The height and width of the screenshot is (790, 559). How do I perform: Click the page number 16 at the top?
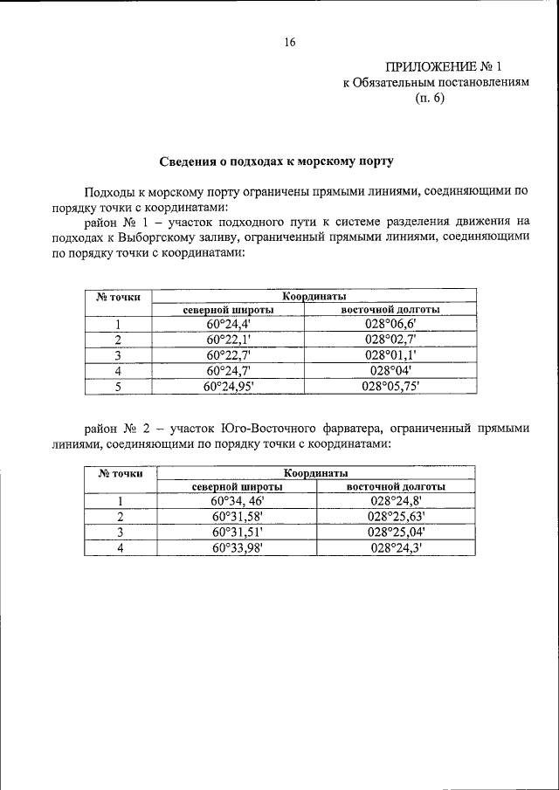(x=290, y=42)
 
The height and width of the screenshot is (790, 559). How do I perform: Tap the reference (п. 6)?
(x=430, y=98)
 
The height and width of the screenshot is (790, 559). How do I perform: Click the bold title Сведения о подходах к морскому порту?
(x=276, y=161)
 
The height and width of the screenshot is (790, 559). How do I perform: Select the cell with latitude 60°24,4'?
(x=228, y=325)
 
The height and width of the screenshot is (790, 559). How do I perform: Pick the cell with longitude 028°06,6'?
(x=390, y=325)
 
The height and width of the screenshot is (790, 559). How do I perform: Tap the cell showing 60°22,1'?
(x=228, y=340)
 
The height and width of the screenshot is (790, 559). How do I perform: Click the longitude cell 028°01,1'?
(x=390, y=355)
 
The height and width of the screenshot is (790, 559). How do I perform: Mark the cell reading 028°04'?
(x=390, y=370)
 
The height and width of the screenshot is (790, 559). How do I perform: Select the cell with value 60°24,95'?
(x=228, y=386)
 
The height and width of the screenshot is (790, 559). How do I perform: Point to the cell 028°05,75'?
(x=390, y=386)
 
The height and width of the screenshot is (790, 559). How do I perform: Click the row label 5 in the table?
(x=117, y=386)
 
